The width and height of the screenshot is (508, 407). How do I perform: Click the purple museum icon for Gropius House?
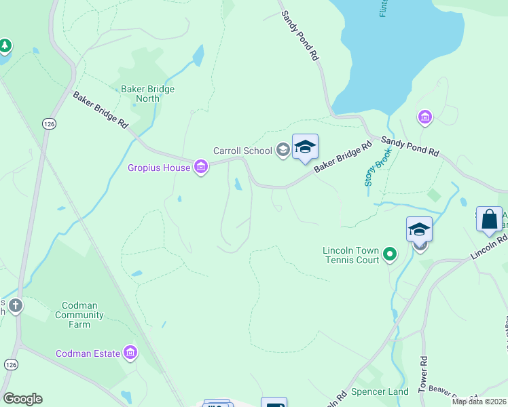(x=200, y=167)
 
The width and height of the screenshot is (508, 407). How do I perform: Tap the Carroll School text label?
(x=242, y=151)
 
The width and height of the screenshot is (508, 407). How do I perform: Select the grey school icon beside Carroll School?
(x=283, y=151)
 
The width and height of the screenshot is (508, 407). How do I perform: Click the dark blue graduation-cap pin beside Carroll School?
(x=305, y=147)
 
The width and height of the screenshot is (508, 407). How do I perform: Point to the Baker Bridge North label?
(x=147, y=94)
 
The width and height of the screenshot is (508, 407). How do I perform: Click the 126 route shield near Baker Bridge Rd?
(x=48, y=123)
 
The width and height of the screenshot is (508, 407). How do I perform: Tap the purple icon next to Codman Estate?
(x=130, y=353)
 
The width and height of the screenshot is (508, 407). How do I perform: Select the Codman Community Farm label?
(x=79, y=315)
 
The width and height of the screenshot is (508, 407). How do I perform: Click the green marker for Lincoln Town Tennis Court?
(x=389, y=254)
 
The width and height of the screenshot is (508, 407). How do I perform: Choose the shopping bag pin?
(x=489, y=220)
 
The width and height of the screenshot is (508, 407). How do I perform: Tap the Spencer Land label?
(x=380, y=392)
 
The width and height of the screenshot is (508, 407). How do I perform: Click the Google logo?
(x=22, y=399)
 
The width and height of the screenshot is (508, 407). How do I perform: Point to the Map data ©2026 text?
(x=479, y=402)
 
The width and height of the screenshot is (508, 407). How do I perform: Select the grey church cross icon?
(x=15, y=306)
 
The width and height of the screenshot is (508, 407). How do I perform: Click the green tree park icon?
(x=5, y=46)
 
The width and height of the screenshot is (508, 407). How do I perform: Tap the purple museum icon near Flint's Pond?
(x=425, y=118)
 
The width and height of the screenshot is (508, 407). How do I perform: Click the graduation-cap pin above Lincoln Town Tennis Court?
(x=419, y=231)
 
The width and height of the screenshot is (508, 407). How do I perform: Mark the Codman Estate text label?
(x=88, y=353)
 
